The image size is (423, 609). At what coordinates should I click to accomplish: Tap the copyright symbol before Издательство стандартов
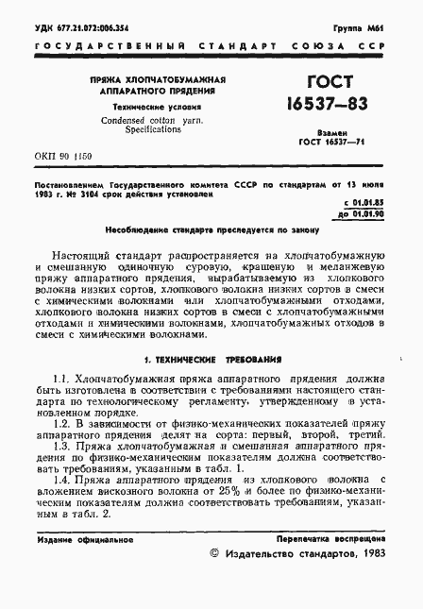213,556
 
